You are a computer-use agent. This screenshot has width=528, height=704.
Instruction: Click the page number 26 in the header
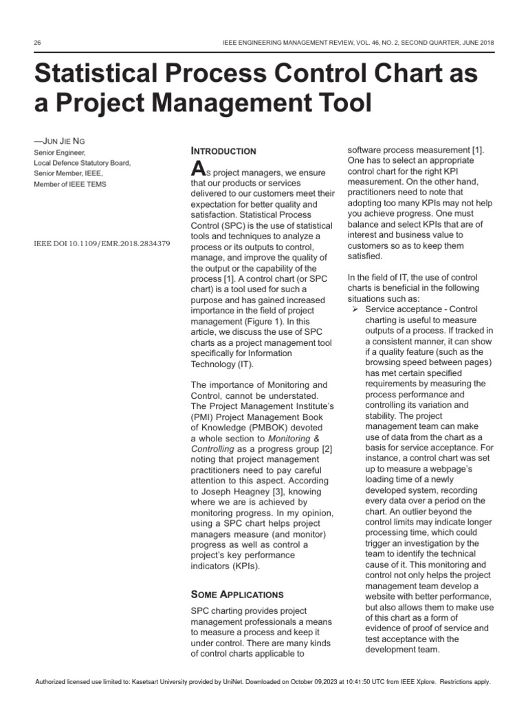pos(37,43)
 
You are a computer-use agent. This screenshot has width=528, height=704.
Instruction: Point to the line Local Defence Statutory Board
pos(82,163)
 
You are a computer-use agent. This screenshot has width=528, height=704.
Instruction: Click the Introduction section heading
pos(223,151)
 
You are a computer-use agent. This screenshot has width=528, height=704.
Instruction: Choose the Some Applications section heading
pos(236,594)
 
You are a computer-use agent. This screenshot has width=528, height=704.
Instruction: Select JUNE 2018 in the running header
pos(474,43)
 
